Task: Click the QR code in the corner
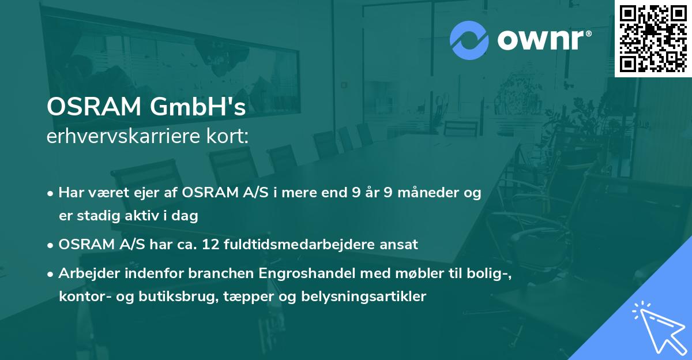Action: pyautogui.click(x=653, y=39)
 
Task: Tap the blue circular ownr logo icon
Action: pyautogui.click(x=469, y=40)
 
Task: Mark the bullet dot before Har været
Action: pyautogui.click(x=51, y=193)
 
